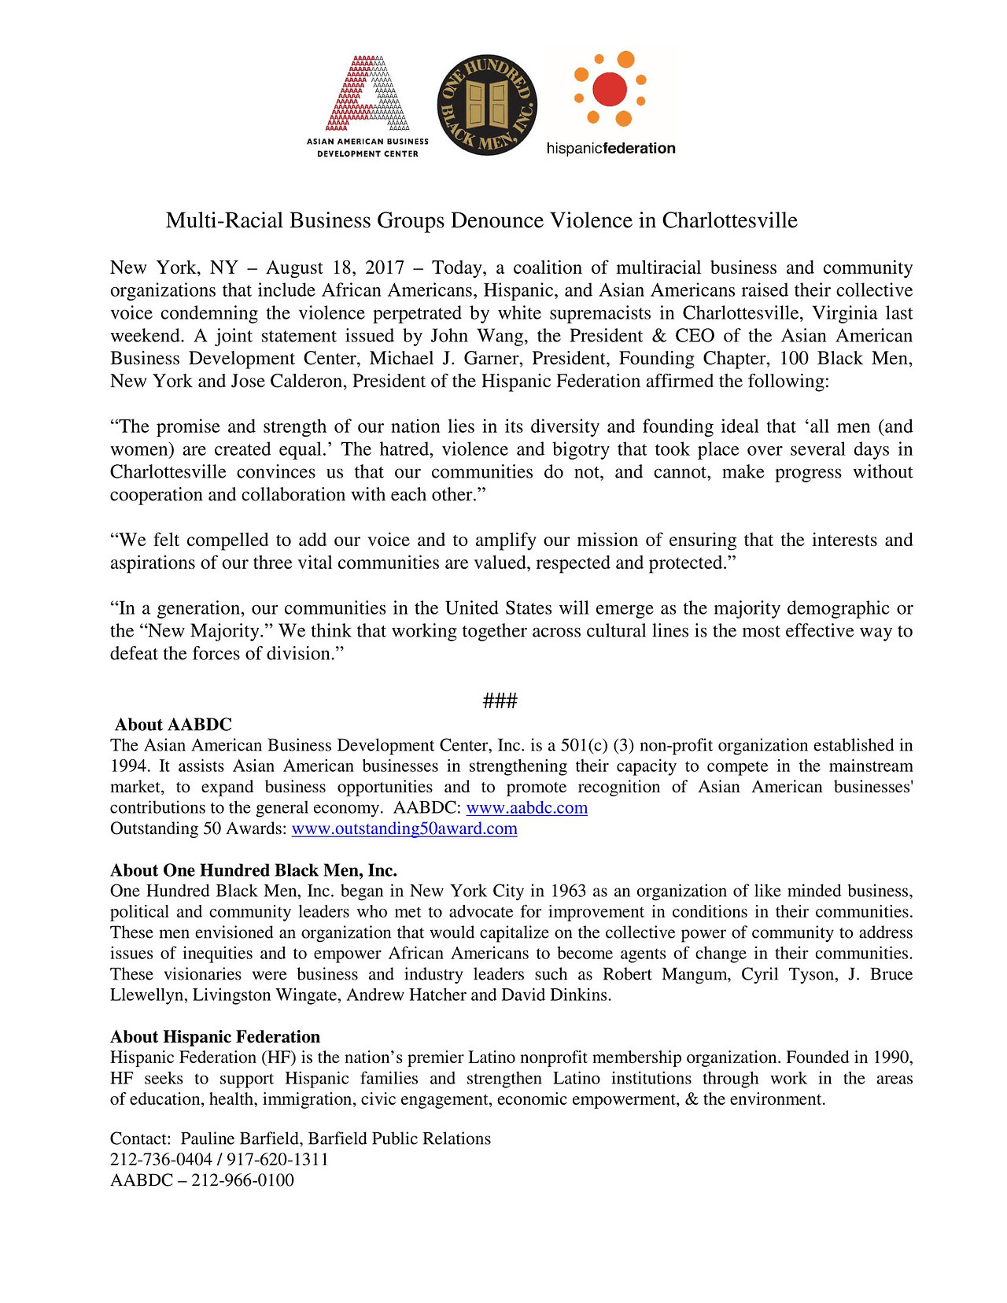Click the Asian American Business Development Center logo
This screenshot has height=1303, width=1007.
click(x=367, y=105)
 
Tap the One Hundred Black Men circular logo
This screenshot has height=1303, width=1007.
click(x=487, y=105)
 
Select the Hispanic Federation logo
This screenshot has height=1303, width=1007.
click(x=610, y=103)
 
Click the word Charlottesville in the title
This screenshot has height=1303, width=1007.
click(x=729, y=220)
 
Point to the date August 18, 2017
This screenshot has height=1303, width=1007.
click(x=334, y=268)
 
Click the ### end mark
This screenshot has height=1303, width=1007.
click(x=500, y=701)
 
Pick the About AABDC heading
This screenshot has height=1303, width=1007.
click(x=173, y=725)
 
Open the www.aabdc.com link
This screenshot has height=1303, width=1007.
click(x=527, y=808)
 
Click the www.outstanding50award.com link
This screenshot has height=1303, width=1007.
click(x=404, y=829)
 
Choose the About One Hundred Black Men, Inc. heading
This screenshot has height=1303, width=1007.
click(x=253, y=870)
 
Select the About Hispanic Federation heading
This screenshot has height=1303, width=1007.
click(x=215, y=1037)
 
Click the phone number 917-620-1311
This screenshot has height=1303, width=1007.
click(x=278, y=1160)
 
